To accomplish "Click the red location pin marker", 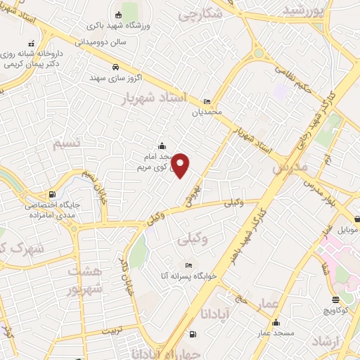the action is click(181, 165).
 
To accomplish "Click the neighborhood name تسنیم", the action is click(67, 143).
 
